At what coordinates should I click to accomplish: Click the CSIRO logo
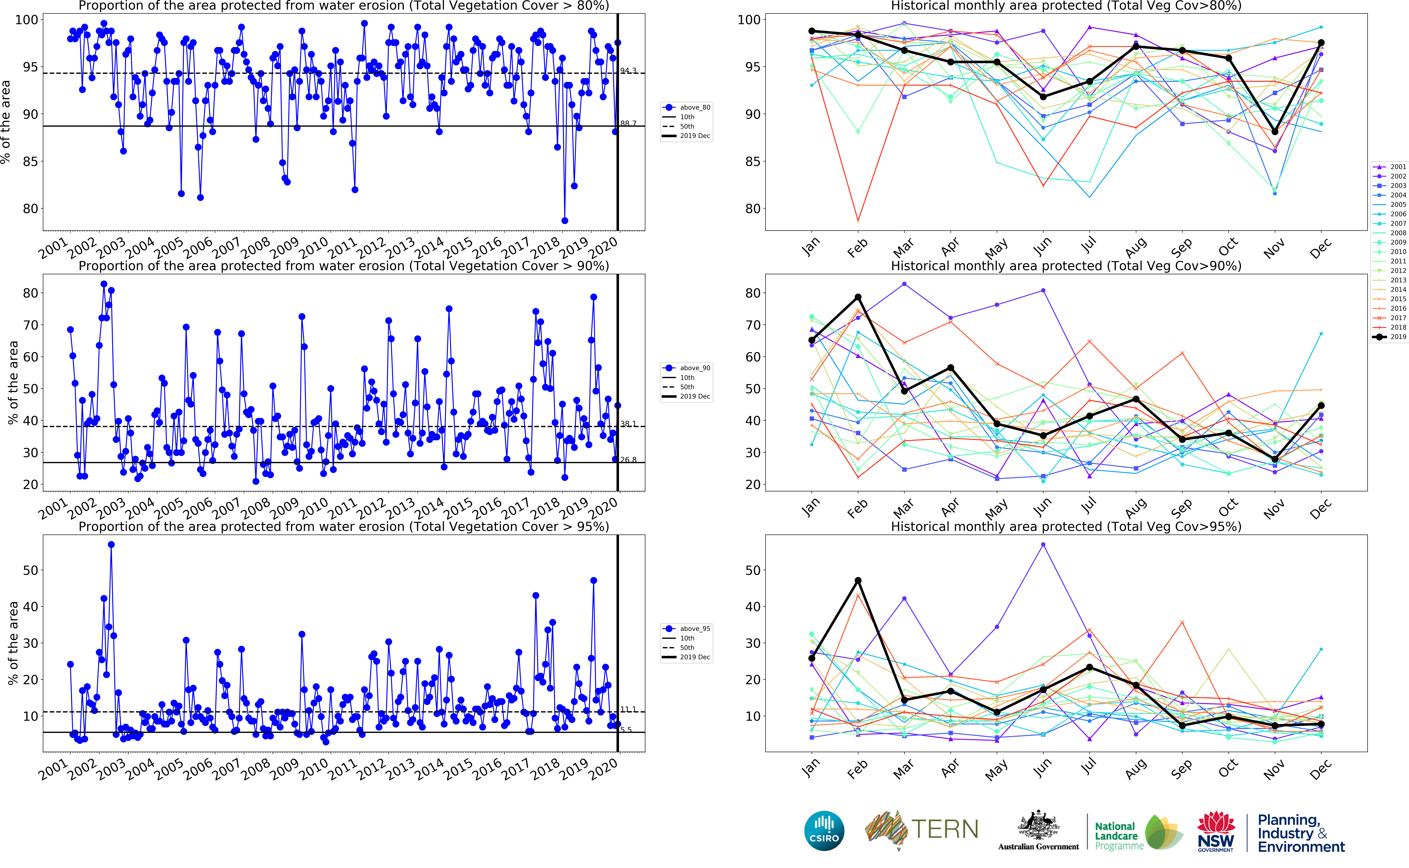824,831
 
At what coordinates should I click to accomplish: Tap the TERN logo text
944,830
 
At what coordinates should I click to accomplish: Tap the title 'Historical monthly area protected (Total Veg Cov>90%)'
1066,266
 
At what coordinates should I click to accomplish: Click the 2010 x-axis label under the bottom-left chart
314,769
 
